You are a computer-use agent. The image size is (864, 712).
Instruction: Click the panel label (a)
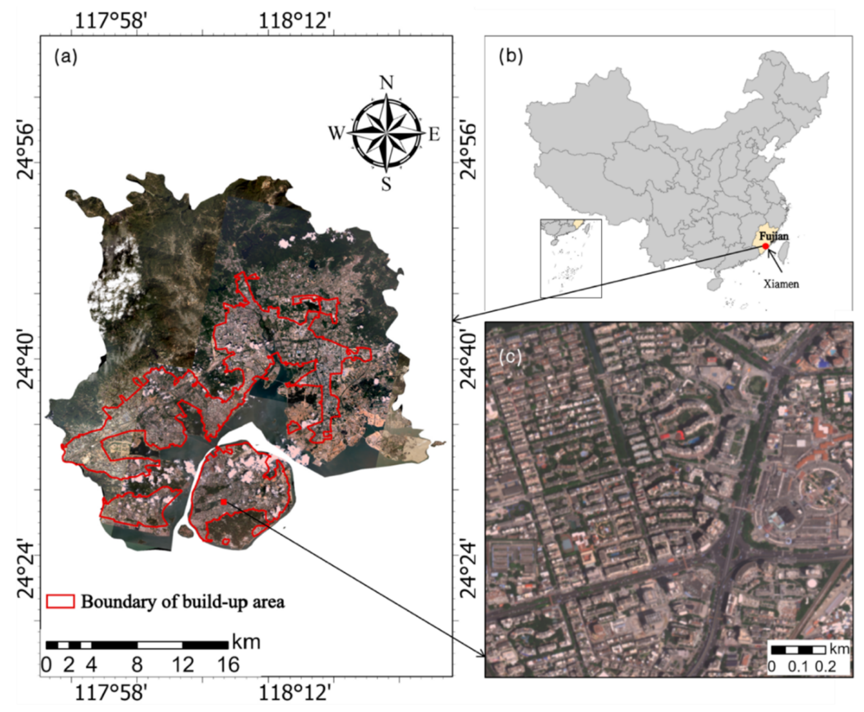[x=66, y=58]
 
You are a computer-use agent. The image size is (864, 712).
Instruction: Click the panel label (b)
[x=511, y=57]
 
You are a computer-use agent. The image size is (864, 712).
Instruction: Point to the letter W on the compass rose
[x=336, y=133]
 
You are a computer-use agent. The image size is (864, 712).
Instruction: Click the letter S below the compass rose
[x=386, y=185]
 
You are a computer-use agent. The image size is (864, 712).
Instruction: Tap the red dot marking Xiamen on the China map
[x=765, y=246]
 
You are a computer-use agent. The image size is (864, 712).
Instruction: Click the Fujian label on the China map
[x=773, y=236]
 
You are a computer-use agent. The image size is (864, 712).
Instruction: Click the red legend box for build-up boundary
[x=60, y=601]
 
